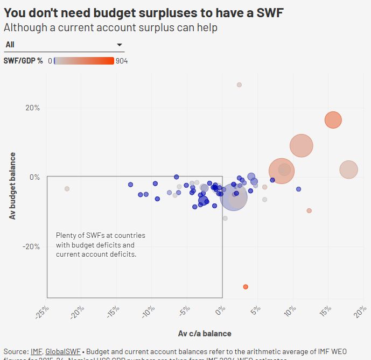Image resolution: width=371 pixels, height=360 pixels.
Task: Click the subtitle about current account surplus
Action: tap(110, 27)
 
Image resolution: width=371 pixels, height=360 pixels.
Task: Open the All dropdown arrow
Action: tap(120, 45)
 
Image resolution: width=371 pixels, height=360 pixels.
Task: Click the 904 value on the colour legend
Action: tap(122, 61)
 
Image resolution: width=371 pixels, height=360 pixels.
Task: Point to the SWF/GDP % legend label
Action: tap(23, 61)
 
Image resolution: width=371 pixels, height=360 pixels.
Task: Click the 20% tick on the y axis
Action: tap(33, 108)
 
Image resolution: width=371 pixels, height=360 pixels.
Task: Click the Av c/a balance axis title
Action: tap(205, 334)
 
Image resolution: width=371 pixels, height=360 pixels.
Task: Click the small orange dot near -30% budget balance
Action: tap(246, 287)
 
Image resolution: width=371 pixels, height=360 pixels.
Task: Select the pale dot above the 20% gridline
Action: tap(239, 84)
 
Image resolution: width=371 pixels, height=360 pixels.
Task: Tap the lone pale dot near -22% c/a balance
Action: tap(67, 189)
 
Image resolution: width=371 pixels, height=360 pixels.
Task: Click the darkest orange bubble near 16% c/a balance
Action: tap(333, 120)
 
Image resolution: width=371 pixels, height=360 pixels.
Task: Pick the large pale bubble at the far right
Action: tap(349, 170)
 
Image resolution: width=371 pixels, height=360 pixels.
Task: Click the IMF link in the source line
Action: tap(36, 351)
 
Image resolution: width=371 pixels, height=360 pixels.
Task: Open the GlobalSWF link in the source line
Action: tap(63, 351)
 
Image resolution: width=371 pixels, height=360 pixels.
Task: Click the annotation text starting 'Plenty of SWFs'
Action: tap(101, 245)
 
